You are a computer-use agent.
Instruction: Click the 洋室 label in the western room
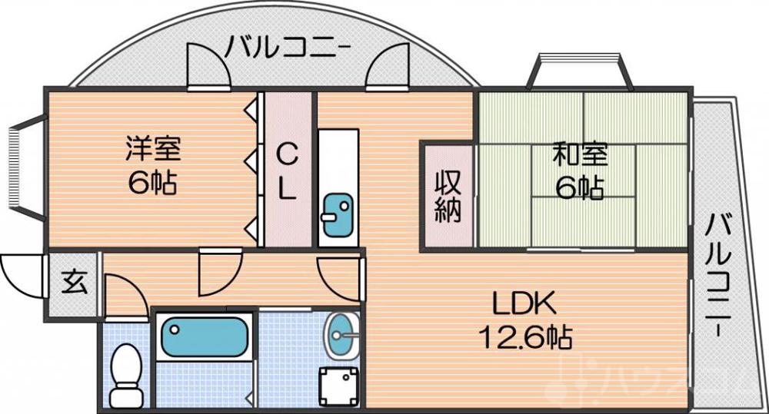click(153, 147)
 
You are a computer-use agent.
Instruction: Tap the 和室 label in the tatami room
click(581, 155)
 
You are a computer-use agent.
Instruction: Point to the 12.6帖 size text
click(525, 336)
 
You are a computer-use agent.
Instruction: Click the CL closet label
click(286, 171)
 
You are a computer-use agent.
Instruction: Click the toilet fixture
click(125, 373)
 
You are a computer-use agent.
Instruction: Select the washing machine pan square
click(340, 383)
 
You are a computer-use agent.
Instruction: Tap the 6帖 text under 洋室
click(153, 184)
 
